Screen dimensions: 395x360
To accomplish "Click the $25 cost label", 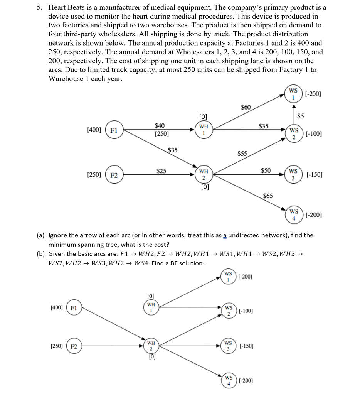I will click(x=161, y=170).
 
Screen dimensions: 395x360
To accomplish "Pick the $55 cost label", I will click(x=242, y=153).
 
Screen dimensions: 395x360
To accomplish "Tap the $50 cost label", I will click(x=266, y=170).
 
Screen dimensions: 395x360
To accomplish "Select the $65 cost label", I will click(x=268, y=196).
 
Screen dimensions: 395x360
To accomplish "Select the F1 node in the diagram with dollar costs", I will click(x=114, y=130).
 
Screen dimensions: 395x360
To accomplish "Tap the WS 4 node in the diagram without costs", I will click(x=229, y=380).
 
